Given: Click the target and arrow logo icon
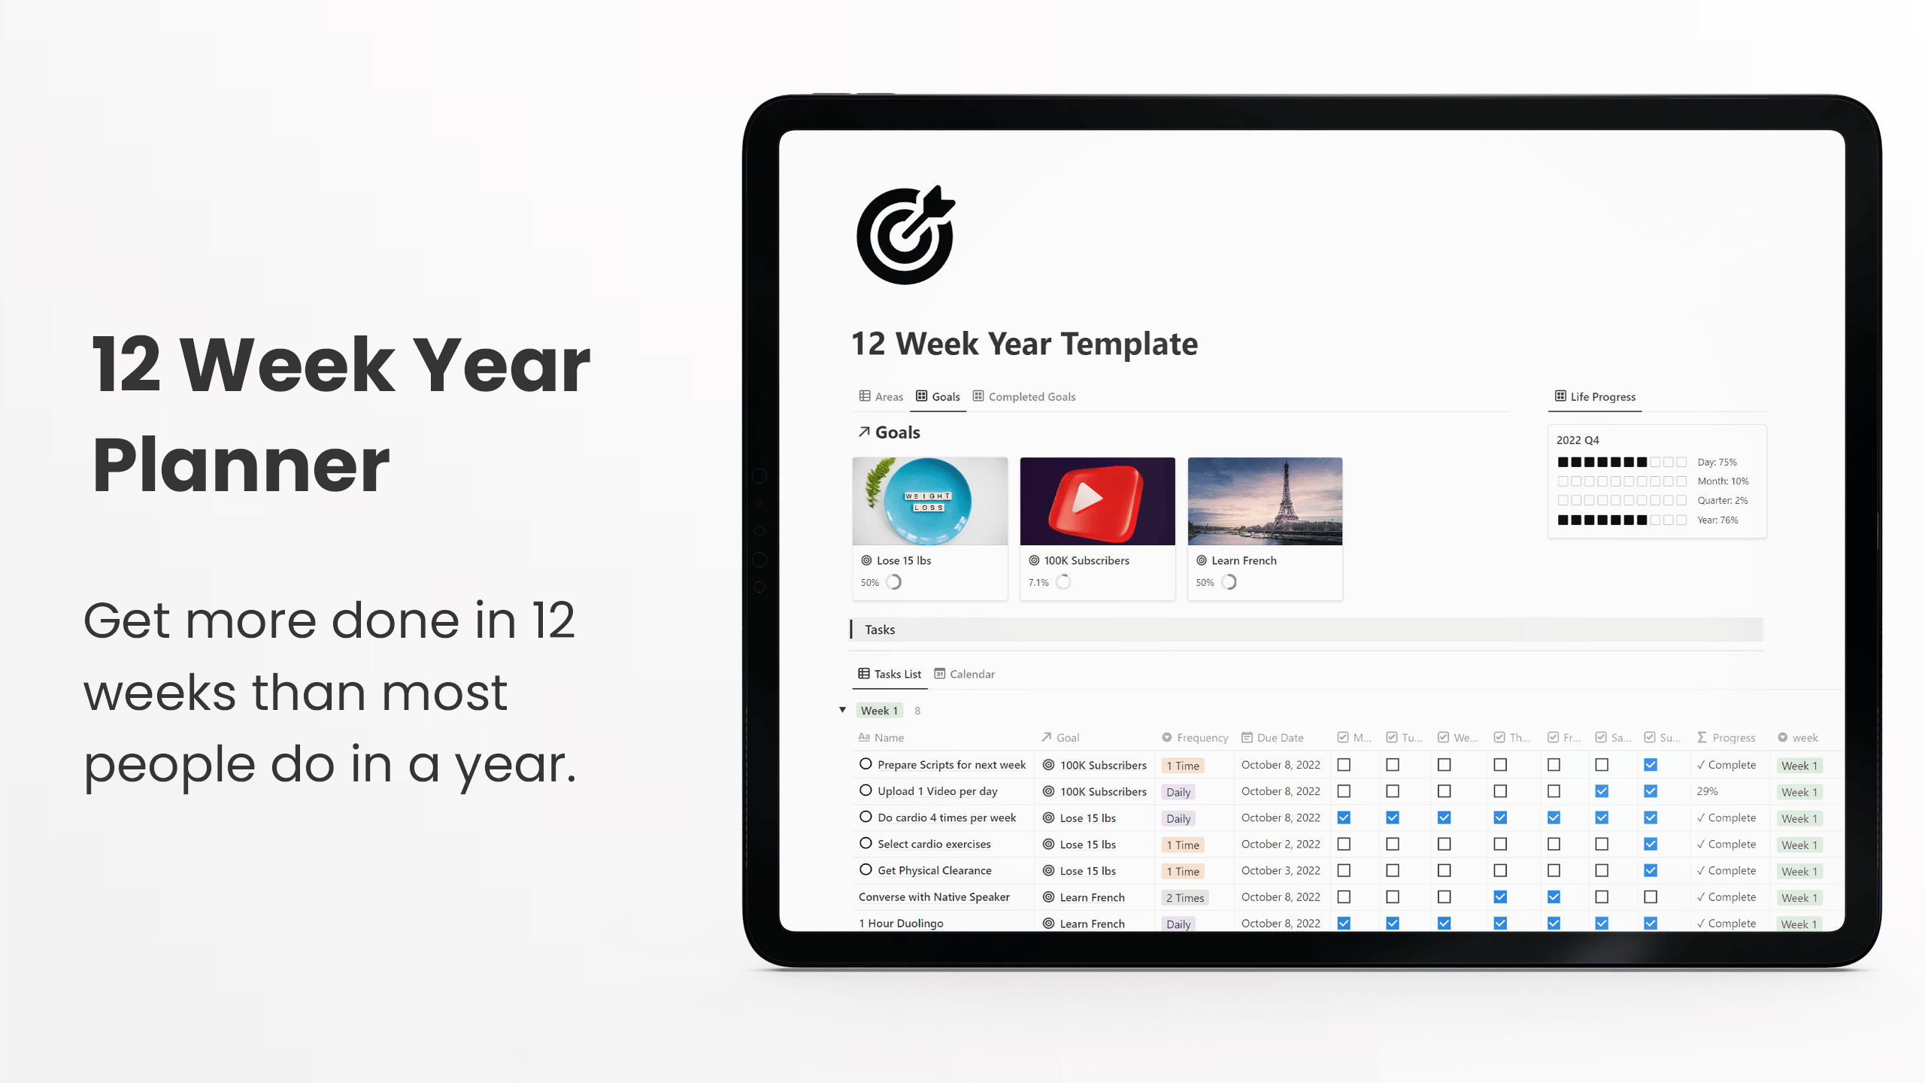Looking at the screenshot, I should [x=905, y=235].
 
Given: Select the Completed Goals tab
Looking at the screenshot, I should [x=1024, y=396].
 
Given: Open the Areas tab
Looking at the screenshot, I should [x=881, y=396].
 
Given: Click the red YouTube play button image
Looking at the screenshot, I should [x=1097, y=501].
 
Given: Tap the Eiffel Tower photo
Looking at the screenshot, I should [x=1265, y=501].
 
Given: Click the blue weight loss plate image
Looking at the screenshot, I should [x=929, y=501].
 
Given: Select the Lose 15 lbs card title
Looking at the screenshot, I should [x=903, y=560].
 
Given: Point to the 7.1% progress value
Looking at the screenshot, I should [x=1038, y=583].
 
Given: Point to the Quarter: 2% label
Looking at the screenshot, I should [x=1722, y=500].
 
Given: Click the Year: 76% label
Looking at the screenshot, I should [x=1717, y=520].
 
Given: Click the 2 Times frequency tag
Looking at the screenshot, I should [x=1184, y=898].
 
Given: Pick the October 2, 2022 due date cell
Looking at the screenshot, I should [x=1281, y=844].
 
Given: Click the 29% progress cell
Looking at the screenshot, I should [x=1707, y=791].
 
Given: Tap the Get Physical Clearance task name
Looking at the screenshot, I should [x=934, y=870].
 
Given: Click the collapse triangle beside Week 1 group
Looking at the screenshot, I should [x=842, y=710].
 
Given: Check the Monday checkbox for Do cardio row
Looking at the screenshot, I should [x=1344, y=818].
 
